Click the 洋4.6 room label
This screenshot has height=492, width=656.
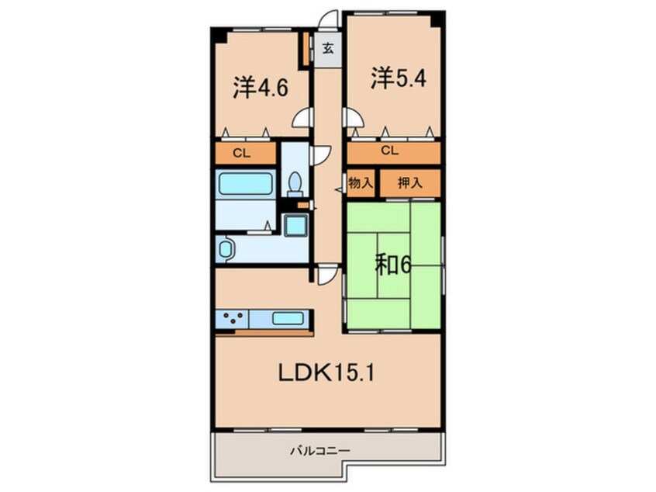pyautogui.click(x=261, y=87)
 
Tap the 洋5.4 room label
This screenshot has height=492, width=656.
pyautogui.click(x=398, y=78)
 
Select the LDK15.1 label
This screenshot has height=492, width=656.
pyautogui.click(x=328, y=374)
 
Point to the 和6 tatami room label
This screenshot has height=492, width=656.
pyautogui.click(x=393, y=265)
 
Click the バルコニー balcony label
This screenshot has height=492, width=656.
pyautogui.click(x=320, y=450)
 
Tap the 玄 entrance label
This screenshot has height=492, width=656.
pyautogui.click(x=327, y=49)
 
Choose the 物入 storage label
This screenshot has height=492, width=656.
pyautogui.click(x=361, y=184)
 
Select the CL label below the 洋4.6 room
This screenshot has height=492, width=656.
pyautogui.click(x=245, y=153)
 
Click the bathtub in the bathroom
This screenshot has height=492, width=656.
pyautogui.click(x=246, y=184)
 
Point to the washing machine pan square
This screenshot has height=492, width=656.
pyautogui.click(x=295, y=226)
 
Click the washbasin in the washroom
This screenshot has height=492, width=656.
pyautogui.click(x=225, y=249)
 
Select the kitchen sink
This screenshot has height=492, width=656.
pyautogui.click(x=288, y=318)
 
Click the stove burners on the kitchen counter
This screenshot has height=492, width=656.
pyautogui.click(x=234, y=318)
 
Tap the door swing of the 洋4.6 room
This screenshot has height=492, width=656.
pyautogui.click(x=302, y=118)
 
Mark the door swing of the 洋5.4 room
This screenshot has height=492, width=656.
pyautogui.click(x=352, y=118)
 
